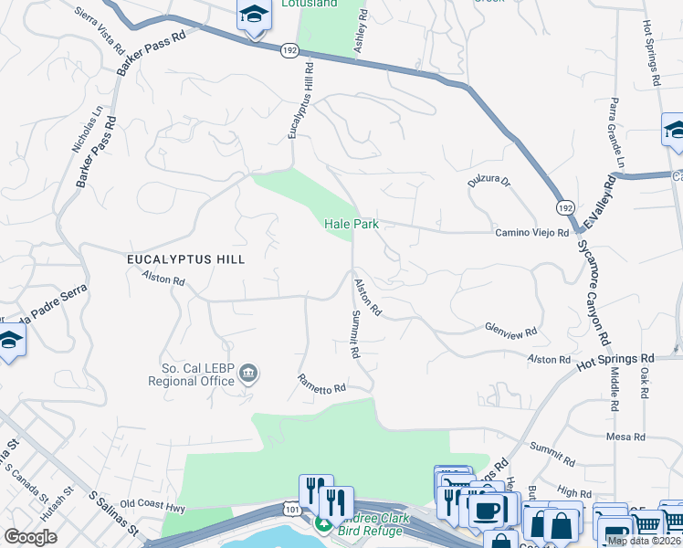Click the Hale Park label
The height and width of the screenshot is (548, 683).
(352, 224)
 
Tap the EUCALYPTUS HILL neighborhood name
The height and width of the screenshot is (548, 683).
(185, 259)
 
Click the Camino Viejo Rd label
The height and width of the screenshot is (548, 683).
(532, 233)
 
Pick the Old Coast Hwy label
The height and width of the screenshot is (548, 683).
(152, 504)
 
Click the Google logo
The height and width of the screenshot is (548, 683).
(30, 537)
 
